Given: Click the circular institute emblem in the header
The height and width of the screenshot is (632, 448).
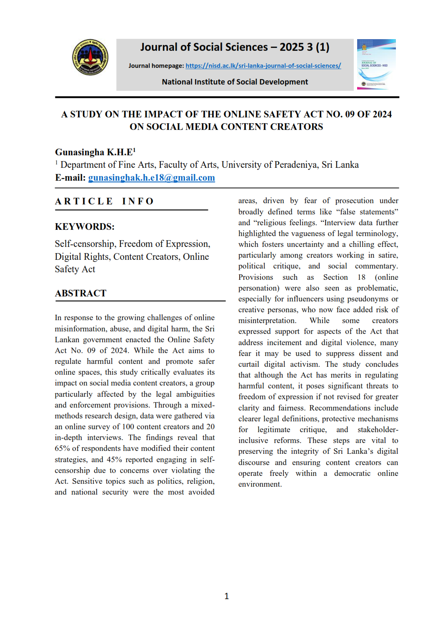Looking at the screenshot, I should click(90, 57).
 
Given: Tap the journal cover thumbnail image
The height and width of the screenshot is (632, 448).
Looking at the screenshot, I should click(376, 64).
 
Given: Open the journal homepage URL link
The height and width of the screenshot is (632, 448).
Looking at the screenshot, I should click(263, 66).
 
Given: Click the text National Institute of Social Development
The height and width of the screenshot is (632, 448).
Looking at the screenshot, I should click(235, 82).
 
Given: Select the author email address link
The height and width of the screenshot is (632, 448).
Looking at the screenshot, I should click(151, 178).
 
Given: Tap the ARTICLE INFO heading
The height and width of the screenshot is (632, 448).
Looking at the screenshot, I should click(105, 202).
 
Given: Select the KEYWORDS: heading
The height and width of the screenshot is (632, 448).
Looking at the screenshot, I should click(85, 227).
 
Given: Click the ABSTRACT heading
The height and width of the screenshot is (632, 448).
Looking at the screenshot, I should click(80, 294).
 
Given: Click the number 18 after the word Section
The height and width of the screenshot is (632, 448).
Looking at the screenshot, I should click(361, 277).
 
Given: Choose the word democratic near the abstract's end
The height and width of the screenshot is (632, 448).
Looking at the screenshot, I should click(352, 473).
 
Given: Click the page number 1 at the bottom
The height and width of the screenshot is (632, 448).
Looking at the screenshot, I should click(226, 596).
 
